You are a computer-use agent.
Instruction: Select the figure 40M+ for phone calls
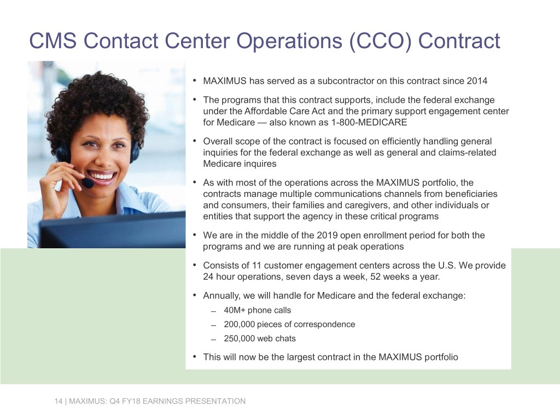pyautogui.click(x=235, y=310)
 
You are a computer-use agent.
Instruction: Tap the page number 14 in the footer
pyautogui.click(x=57, y=401)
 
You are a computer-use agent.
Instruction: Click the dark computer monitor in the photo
pyautogui.click(x=109, y=230)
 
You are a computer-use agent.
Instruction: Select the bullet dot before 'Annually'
pyautogui.click(x=195, y=295)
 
